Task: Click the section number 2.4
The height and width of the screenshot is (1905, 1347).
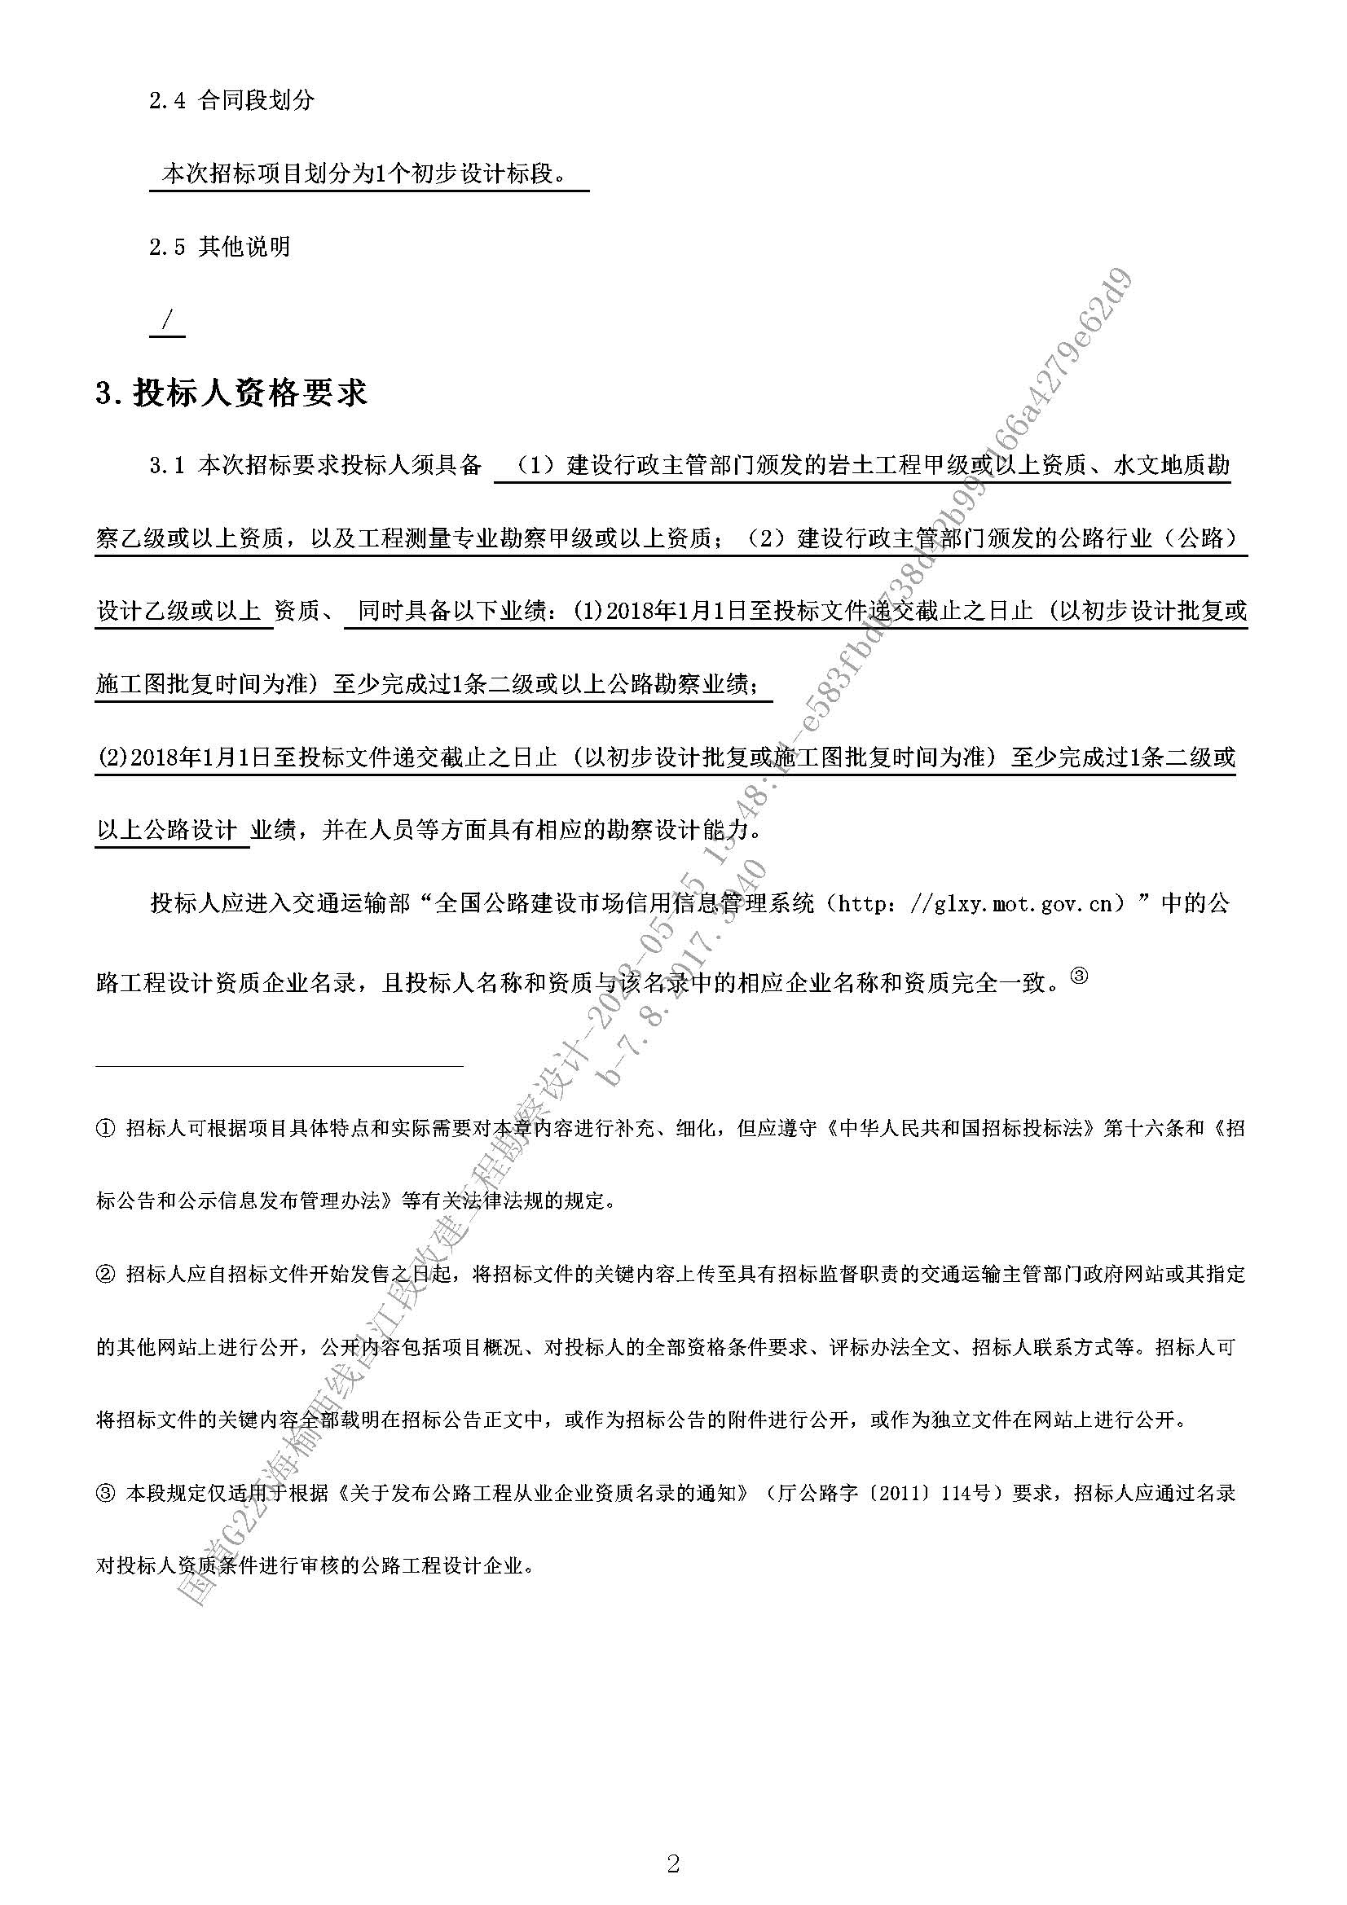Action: coord(167,101)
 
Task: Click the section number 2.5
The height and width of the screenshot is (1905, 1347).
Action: coord(167,248)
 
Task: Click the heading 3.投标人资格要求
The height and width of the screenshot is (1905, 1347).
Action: coord(231,393)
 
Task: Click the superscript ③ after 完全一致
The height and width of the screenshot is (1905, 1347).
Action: coord(1079,977)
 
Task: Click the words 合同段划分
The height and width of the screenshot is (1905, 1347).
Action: coord(257,101)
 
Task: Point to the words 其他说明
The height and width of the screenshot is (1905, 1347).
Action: coord(244,248)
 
